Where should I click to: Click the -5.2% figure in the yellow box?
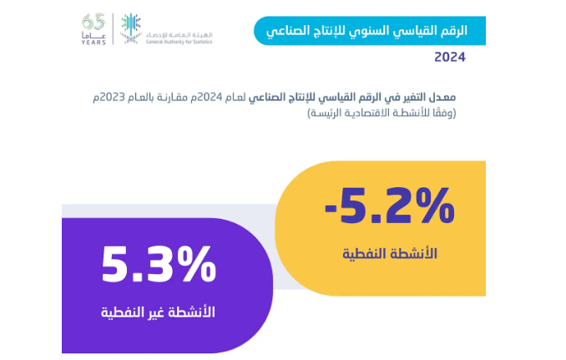click(x=390, y=205)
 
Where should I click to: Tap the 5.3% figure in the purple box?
click(x=159, y=264)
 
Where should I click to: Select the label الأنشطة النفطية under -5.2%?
click(x=390, y=253)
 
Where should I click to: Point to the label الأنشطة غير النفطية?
click(x=158, y=312)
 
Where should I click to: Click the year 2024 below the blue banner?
click(x=450, y=57)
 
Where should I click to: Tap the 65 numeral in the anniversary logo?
click(x=93, y=23)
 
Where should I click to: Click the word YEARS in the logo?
click(x=93, y=43)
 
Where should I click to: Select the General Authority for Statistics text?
click(x=179, y=42)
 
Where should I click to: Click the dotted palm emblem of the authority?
click(x=130, y=28)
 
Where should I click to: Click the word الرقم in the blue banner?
click(x=454, y=30)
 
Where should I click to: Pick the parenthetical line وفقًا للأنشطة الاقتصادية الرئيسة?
click(x=382, y=113)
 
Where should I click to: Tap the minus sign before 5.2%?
click(x=331, y=208)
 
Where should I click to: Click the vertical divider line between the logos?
click(x=113, y=29)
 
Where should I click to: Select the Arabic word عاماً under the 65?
click(x=93, y=35)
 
